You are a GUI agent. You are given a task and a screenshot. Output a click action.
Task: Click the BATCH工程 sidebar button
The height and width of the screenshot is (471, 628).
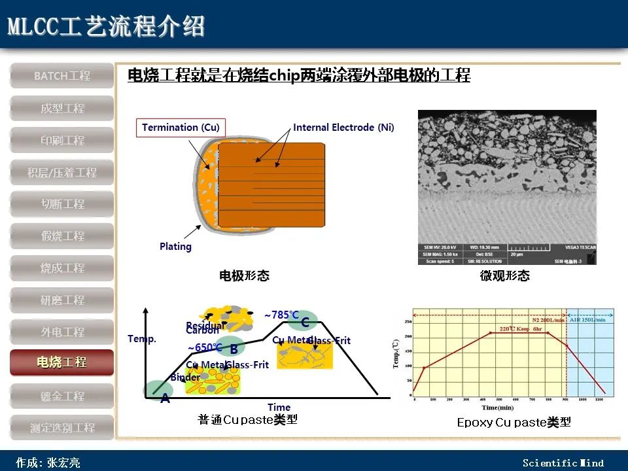click(62, 76)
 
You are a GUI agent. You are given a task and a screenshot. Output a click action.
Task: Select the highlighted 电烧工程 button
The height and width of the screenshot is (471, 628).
click(62, 362)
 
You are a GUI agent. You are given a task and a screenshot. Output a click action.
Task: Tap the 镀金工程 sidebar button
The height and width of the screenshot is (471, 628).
click(62, 396)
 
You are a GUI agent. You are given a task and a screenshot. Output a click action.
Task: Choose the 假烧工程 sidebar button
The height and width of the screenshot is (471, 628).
click(62, 235)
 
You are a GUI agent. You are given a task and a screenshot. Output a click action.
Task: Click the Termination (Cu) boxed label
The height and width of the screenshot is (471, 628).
click(181, 127)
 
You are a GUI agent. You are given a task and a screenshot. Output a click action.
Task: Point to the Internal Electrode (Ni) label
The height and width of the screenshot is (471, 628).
click(343, 127)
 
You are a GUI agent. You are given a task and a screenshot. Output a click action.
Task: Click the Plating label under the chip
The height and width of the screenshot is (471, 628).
click(175, 247)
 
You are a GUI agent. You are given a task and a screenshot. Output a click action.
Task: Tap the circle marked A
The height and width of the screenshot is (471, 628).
click(160, 391)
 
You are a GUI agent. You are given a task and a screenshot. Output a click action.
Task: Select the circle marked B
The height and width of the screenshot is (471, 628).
click(234, 347)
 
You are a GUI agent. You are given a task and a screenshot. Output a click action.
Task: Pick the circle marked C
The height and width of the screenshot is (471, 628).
click(305, 321)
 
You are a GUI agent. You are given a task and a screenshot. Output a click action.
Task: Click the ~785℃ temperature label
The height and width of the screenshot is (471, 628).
click(281, 315)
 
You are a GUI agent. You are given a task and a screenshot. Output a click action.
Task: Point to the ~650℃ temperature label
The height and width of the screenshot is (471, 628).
click(205, 347)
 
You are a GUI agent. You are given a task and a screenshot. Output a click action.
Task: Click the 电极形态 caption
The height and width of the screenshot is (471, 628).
click(243, 276)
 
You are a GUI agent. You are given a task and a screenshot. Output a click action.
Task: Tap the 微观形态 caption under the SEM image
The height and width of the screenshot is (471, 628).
click(504, 276)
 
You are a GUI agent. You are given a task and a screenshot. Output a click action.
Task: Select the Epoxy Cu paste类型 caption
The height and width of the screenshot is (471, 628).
click(514, 423)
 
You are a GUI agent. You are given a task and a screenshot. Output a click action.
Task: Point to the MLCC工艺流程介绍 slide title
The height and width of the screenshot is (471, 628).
click(106, 27)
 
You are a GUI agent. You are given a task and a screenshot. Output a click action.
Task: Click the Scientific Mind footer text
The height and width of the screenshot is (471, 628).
click(563, 463)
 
